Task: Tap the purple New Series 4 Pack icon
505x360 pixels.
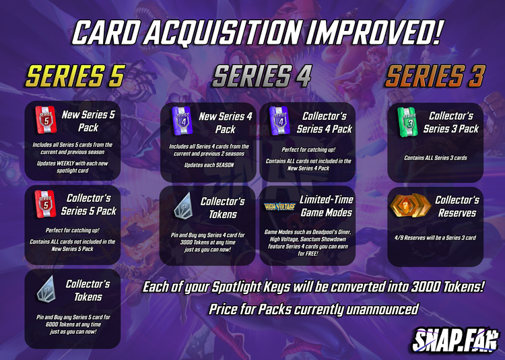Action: (x=180, y=122)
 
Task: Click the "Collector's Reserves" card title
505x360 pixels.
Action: (x=457, y=206)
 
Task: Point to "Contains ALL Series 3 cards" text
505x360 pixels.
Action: (x=435, y=157)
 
